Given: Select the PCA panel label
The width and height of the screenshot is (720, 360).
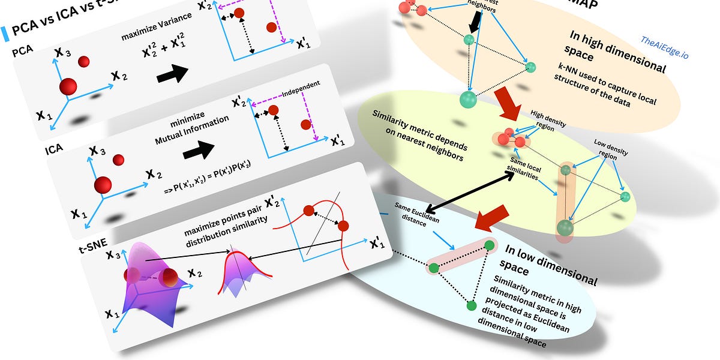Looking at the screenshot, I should click(x=21, y=52).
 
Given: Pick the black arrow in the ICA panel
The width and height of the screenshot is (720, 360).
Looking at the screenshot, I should click(x=198, y=149).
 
